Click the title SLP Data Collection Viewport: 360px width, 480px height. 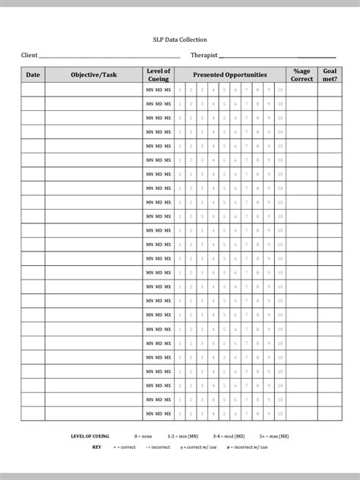pyautogui.click(x=179, y=39)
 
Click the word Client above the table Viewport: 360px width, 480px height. pyautogui.click(x=29, y=55)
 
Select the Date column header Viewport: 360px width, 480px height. pyautogui.click(x=33, y=75)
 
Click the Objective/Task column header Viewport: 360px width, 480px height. pyautogui.click(x=94, y=75)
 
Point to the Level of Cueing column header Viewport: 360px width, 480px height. pyautogui.click(x=158, y=75)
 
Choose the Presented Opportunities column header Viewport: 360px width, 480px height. pyautogui.click(x=229, y=75)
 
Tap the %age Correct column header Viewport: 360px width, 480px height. pyautogui.click(x=302, y=75)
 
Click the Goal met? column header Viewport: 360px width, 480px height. pyautogui.click(x=330, y=75)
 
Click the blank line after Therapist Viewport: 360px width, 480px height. pyautogui.click(x=277, y=57)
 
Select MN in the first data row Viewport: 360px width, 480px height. pyautogui.click(x=150, y=90)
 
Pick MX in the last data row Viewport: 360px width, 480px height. pyautogui.click(x=168, y=414)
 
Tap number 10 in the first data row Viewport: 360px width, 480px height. pyautogui.click(x=280, y=90)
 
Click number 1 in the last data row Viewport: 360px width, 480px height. pyautogui.click(x=180, y=414)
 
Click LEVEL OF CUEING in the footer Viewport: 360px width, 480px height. pyautogui.click(x=90, y=437)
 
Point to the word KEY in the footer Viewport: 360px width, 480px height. pyautogui.click(x=96, y=448)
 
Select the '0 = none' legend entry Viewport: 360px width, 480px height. pyautogui.click(x=144, y=437)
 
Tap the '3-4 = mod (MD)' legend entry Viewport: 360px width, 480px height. pyautogui.click(x=229, y=437)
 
